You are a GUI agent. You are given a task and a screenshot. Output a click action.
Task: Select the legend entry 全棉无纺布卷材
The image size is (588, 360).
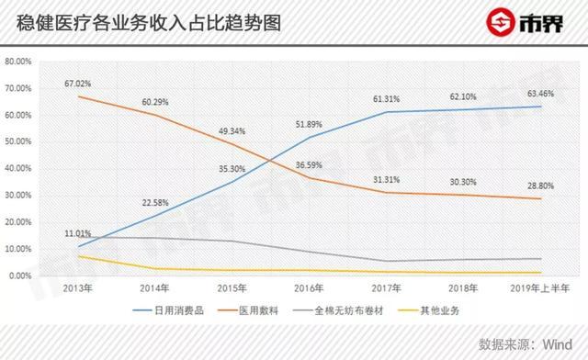pos(379,311)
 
